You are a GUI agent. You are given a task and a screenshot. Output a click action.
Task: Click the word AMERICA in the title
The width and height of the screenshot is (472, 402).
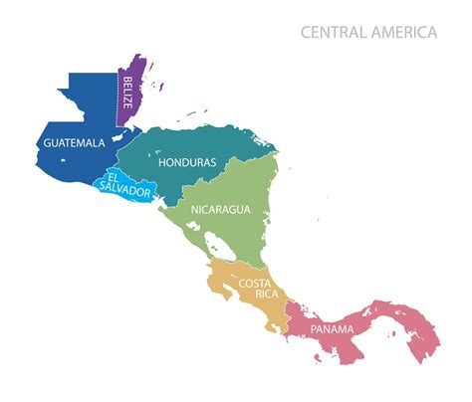coord(403,33)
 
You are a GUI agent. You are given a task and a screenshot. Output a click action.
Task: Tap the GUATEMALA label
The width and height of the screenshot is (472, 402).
coord(74,143)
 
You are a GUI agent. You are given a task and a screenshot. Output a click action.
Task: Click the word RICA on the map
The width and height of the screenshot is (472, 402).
coord(253,296)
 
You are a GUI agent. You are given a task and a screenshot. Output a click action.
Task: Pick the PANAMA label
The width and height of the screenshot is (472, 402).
coord(332,329)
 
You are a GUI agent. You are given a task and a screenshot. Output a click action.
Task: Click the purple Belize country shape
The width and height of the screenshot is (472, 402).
coord(136,75)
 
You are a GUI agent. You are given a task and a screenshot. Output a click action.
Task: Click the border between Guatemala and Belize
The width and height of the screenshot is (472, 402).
coord(118,100)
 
